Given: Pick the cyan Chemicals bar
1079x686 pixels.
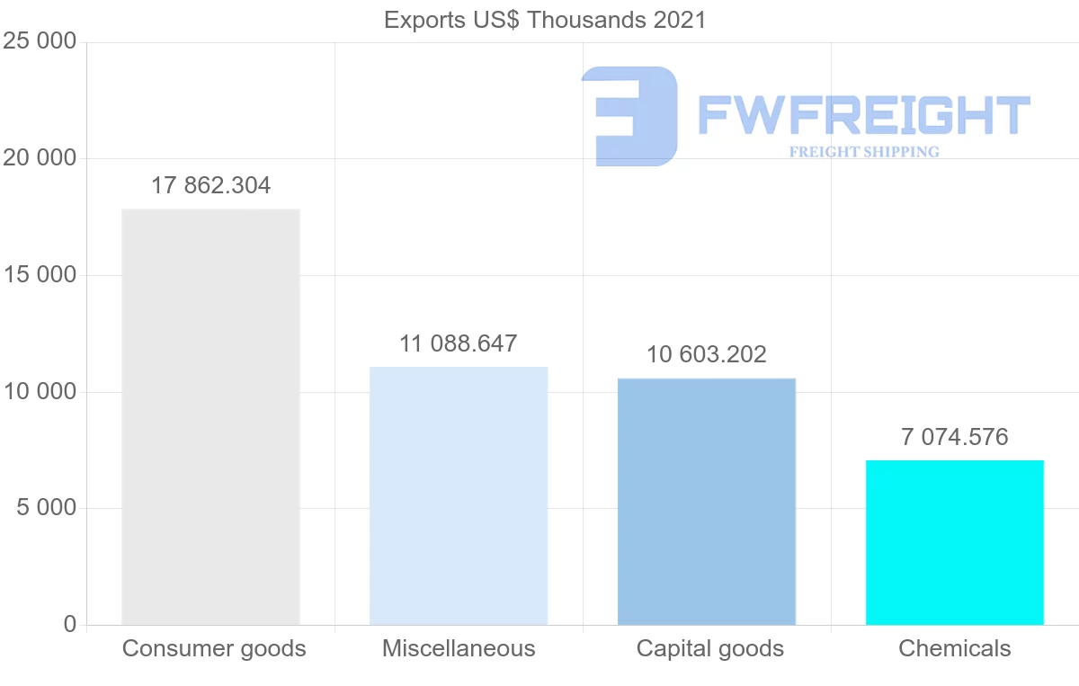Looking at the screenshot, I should [954, 542].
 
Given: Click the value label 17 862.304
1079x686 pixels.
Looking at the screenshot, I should [210, 186].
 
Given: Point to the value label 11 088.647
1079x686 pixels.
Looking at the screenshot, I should [459, 343].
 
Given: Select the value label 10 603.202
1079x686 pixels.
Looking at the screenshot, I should [707, 354].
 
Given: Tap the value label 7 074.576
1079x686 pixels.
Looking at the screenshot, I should [954, 437].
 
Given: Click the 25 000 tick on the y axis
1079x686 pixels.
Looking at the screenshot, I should [40, 41].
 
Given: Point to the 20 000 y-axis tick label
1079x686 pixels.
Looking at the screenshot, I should [40, 158].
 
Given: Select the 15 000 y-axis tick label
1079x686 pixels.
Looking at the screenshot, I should [40, 275].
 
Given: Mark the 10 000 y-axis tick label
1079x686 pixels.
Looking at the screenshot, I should [40, 392].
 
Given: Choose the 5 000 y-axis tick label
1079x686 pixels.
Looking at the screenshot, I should [45, 508].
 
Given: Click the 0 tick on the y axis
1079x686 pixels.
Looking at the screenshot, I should [70, 625].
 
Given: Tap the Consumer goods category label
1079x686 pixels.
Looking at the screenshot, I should [214, 648].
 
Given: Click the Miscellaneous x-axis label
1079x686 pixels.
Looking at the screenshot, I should [459, 648].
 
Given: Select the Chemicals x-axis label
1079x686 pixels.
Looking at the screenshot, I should [954, 648].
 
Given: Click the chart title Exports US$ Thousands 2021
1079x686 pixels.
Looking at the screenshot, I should [545, 20].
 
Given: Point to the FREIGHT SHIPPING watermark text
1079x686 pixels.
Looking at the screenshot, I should [864, 152].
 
